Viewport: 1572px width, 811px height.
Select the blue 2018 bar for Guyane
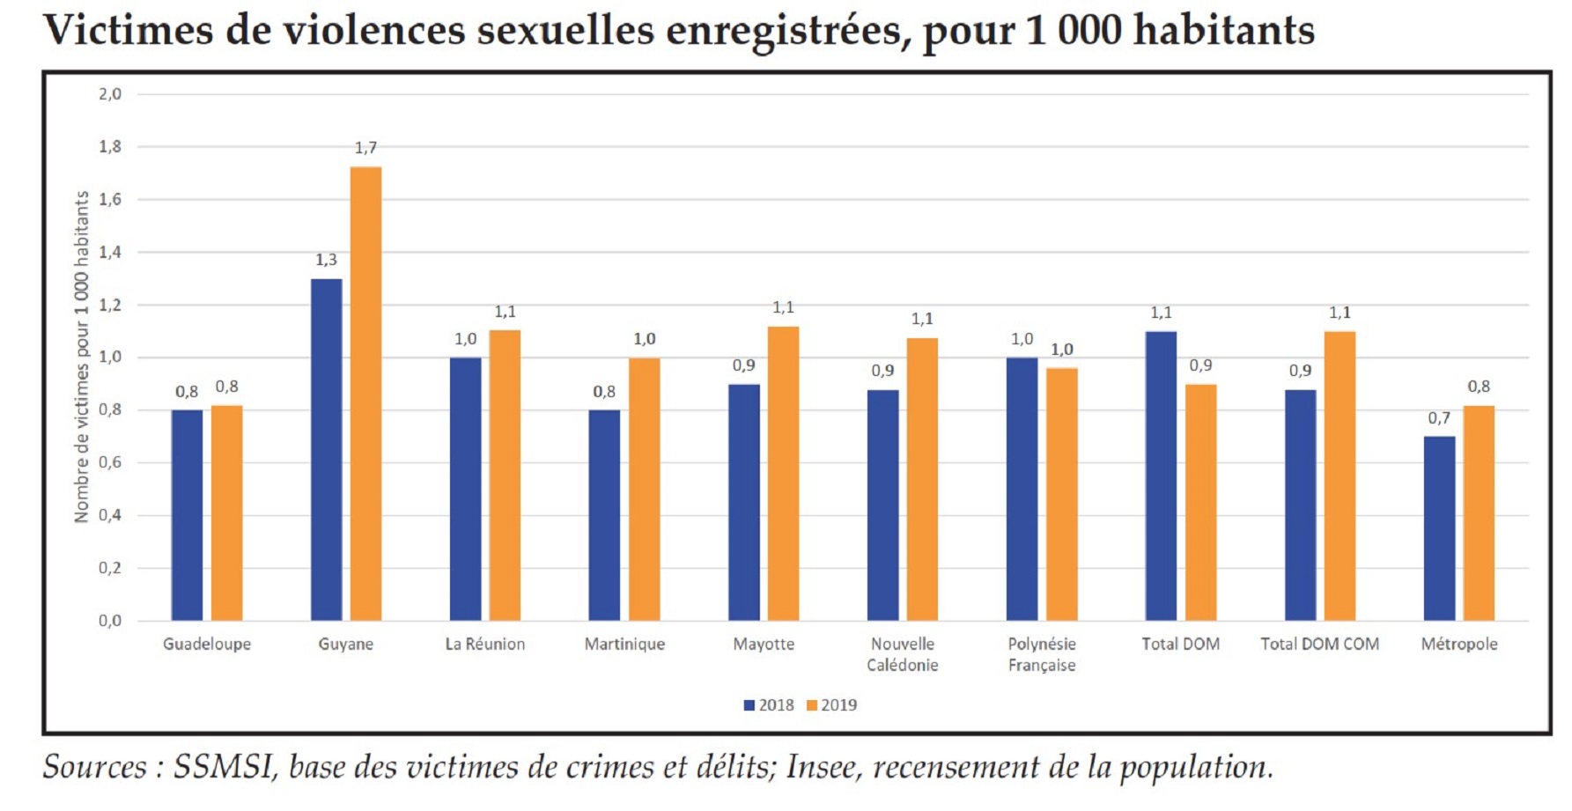326,450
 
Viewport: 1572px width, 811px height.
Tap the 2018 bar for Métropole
1439,528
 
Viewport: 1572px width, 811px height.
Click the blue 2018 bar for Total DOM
1161,476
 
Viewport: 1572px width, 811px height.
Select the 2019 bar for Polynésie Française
1061,494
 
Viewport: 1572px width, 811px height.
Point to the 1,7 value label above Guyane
365,148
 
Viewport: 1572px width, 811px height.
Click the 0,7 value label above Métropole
1439,418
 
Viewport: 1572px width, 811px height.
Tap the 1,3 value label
326,260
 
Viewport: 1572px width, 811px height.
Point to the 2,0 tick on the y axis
110,94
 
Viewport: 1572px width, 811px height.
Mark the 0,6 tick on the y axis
110,463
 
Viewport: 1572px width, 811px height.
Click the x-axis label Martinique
624,645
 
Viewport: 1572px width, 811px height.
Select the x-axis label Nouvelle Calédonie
902,654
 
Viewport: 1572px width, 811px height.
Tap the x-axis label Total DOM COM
1319,645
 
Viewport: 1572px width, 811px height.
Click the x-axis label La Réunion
484,645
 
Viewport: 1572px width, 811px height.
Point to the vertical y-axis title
81,357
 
